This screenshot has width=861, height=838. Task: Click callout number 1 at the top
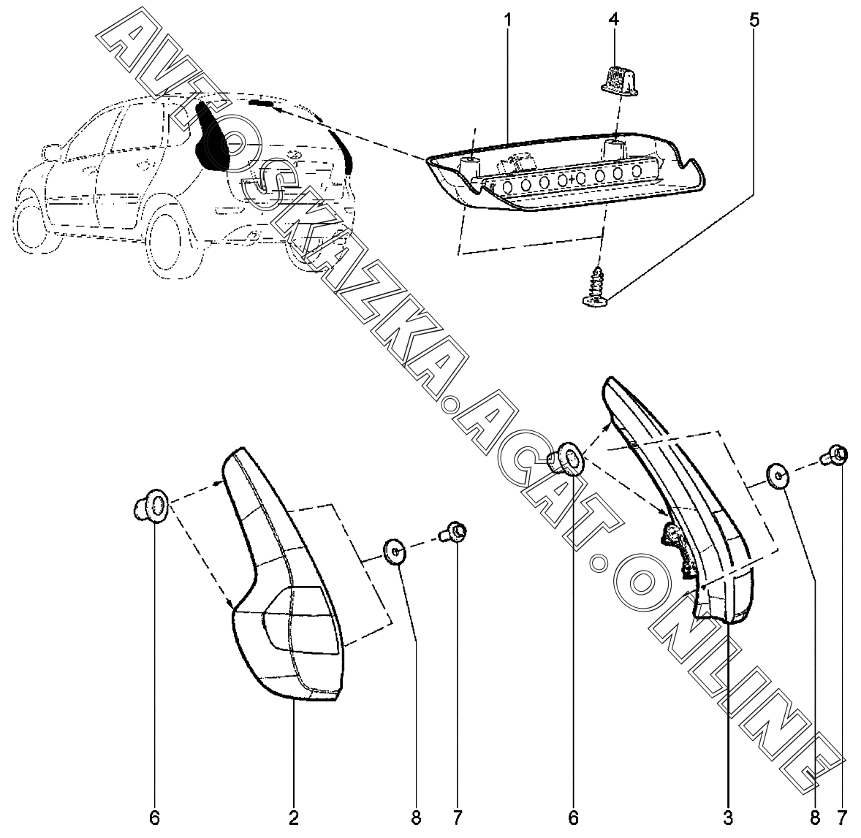pyautogui.click(x=508, y=20)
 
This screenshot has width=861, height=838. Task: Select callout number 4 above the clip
pyautogui.click(x=614, y=20)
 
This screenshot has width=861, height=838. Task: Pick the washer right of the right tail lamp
pyautogui.click(x=778, y=476)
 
